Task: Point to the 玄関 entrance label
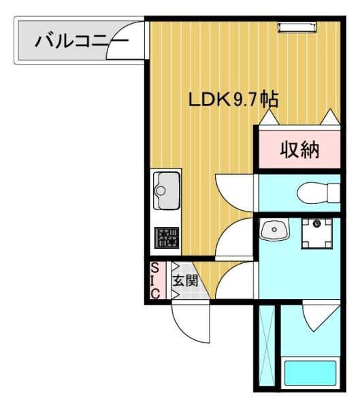point(184,280)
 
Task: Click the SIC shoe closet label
point(155,280)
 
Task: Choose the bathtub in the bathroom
point(310,373)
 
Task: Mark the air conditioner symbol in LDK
point(297,27)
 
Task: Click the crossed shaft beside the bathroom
point(267,347)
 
